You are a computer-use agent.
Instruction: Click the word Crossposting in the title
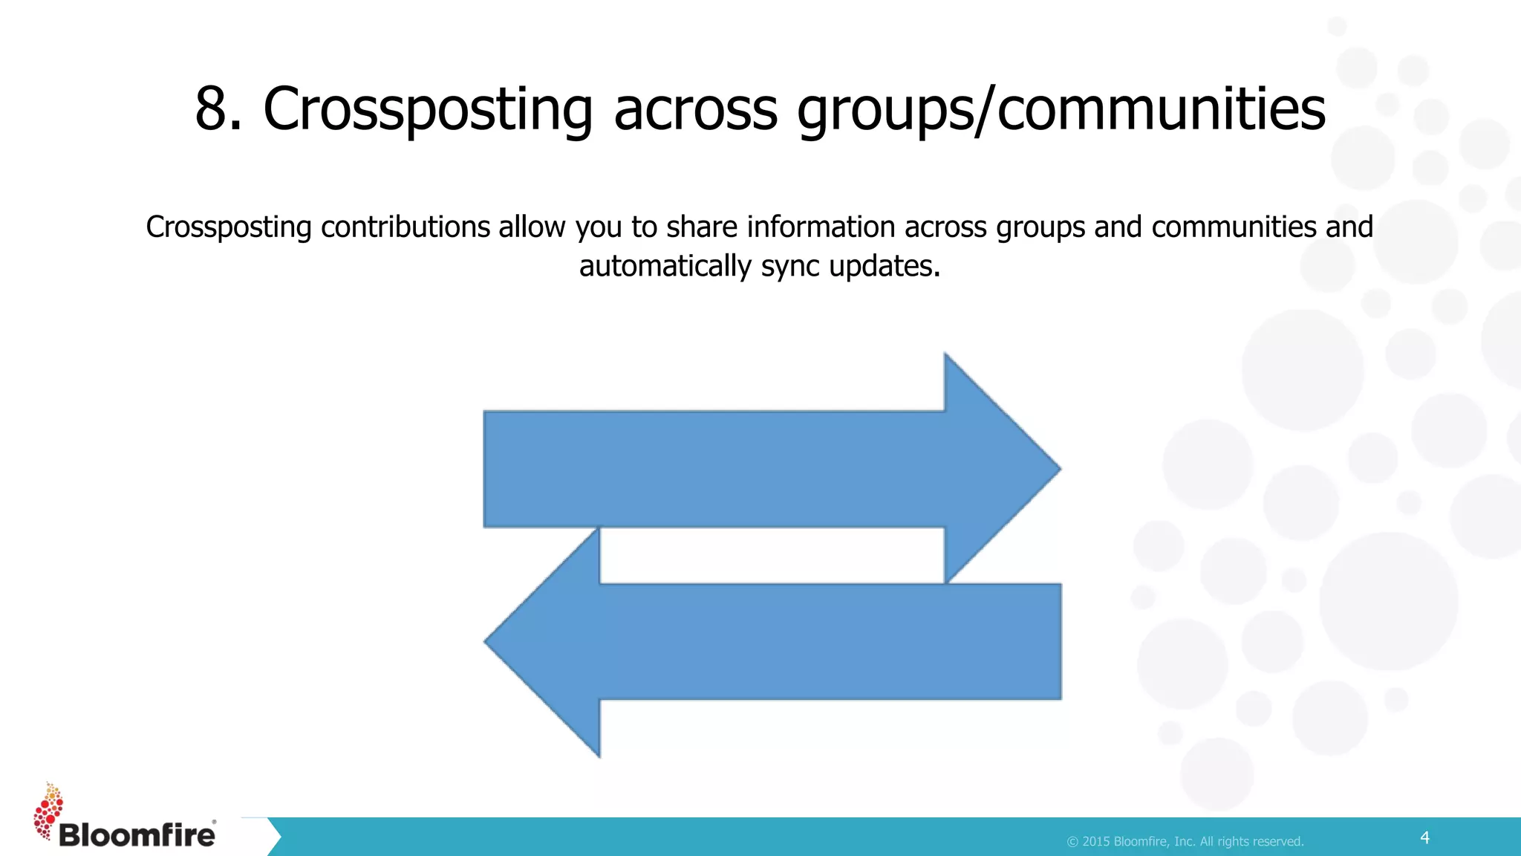coord(428,108)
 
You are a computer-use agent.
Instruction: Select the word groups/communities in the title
coord(1061,108)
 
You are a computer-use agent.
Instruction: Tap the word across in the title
coord(695,108)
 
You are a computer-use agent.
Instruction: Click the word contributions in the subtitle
coord(406,227)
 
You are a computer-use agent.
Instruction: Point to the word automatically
coord(665,266)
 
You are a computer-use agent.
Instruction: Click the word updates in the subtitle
coord(885,266)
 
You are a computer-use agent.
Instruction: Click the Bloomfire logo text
coord(137,834)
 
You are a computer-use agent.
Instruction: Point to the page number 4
coord(1424,837)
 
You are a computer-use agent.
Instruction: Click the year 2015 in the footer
coord(1096,841)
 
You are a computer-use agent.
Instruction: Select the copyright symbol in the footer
coord(1072,841)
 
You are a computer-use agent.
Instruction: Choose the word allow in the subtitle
coord(532,227)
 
